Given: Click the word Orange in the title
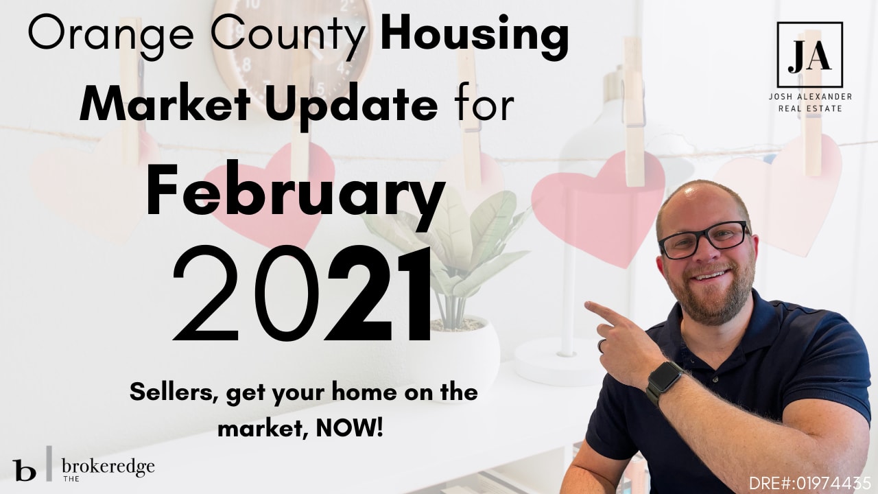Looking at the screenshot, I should [89, 36].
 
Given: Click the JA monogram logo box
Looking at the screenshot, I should [809, 55].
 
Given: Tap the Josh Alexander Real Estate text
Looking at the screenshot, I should [809, 102].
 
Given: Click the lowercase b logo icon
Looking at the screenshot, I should [24, 470].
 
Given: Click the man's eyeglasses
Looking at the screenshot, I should [703, 239].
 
